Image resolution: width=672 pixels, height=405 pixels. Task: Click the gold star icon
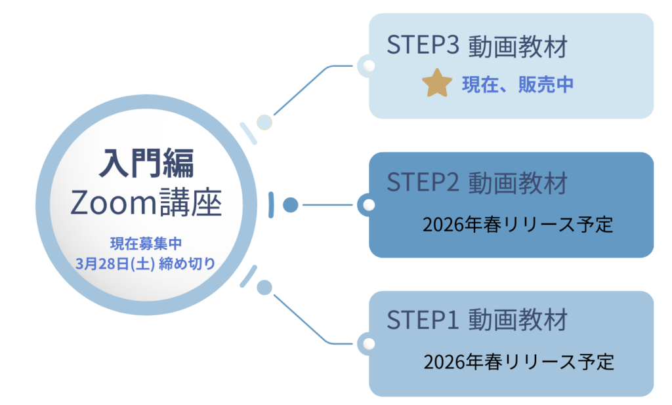click(x=437, y=84)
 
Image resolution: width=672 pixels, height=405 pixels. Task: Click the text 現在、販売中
click(x=518, y=85)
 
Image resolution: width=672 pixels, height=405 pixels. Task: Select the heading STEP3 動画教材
click(x=476, y=47)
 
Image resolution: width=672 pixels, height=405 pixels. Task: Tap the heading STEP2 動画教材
click(x=476, y=183)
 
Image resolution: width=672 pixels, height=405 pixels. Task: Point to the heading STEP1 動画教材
click(x=476, y=320)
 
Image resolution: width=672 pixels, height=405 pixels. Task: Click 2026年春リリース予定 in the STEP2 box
click(x=518, y=225)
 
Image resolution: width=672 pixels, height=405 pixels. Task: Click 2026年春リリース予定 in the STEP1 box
click(x=518, y=362)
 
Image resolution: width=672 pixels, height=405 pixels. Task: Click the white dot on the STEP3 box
click(x=369, y=66)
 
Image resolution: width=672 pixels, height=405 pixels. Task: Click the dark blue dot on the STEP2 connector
click(x=290, y=205)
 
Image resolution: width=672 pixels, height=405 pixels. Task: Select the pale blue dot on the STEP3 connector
click(x=264, y=122)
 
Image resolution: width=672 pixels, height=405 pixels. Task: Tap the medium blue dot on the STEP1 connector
click(x=264, y=287)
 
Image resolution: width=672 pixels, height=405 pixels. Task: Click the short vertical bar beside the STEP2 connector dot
click(x=271, y=205)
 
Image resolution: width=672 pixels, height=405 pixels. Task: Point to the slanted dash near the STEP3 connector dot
click(x=248, y=132)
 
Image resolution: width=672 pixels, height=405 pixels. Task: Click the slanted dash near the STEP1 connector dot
click(x=248, y=277)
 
